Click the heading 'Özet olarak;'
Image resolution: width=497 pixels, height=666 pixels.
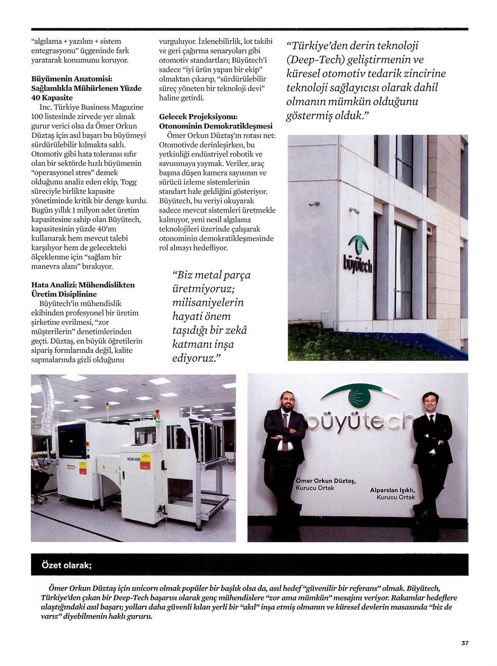click(x=66, y=565)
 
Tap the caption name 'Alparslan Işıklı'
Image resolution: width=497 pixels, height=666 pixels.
click(x=392, y=490)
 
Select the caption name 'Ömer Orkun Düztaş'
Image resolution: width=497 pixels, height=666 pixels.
click(x=325, y=481)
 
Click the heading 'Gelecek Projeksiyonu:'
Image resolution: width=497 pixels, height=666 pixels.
click(x=198, y=117)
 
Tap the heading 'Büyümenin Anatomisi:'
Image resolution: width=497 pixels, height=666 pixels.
click(x=72, y=79)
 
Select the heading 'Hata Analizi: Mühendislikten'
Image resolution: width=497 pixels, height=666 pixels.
click(x=83, y=285)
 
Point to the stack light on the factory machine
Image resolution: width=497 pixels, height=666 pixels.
click(x=107, y=409)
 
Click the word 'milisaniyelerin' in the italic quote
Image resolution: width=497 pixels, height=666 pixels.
click(x=208, y=303)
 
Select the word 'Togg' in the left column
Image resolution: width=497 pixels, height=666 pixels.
click(x=129, y=182)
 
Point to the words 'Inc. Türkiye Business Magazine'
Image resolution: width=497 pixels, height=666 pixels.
click(x=91, y=107)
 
